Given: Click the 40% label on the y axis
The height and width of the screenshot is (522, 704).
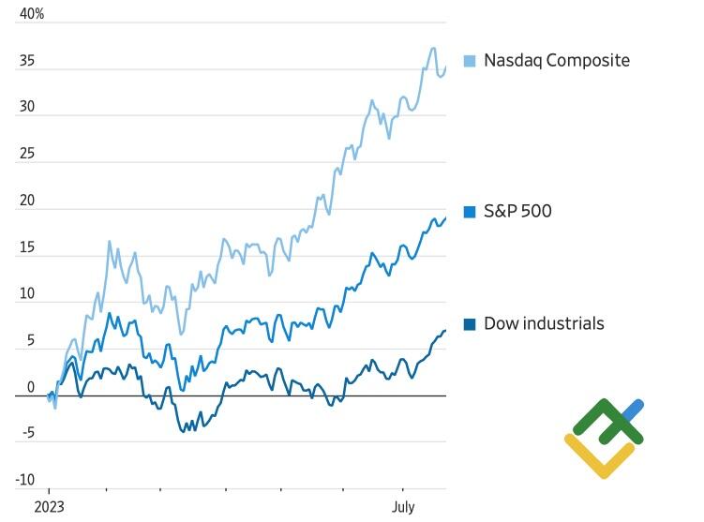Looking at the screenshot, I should tap(31, 14).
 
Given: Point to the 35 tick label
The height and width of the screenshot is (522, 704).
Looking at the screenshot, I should tap(26, 61).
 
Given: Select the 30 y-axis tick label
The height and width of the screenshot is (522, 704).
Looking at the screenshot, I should tap(26, 107).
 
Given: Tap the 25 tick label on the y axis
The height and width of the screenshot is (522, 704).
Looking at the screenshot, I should tap(26, 154).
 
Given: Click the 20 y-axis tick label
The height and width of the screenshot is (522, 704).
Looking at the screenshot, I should tap(26, 201).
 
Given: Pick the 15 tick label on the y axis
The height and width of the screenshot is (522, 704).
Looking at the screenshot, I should tap(26, 247).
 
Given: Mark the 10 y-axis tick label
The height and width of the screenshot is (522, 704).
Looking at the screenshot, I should tap(26, 294).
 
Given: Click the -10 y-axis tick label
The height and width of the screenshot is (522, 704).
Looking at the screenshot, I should tap(24, 481).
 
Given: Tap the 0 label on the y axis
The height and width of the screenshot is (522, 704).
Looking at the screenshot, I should tap(30, 387).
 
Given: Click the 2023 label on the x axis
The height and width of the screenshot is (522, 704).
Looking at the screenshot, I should tap(50, 507).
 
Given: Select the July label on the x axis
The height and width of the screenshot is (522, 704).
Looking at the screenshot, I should tap(403, 507).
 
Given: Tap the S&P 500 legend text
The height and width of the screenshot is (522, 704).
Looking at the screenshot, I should tap(517, 211).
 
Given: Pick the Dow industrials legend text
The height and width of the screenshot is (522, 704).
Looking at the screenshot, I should tap(544, 323).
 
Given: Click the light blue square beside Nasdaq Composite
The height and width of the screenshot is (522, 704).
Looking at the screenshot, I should tap(471, 61).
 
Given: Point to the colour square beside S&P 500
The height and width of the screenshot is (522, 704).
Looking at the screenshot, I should tap(471, 212).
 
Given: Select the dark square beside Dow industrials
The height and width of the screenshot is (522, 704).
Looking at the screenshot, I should tap(471, 324).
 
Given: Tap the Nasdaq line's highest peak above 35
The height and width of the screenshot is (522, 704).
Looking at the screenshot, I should tap(432, 48).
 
